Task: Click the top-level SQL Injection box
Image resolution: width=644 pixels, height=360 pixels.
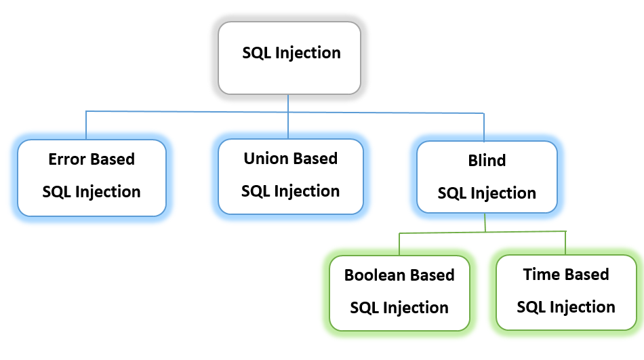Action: [x=289, y=57]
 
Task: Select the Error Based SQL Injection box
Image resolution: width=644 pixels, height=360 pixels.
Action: [x=92, y=178]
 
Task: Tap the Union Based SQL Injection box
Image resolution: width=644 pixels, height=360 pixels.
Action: [x=291, y=176]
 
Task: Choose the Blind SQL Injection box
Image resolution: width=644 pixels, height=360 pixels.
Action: [x=487, y=178]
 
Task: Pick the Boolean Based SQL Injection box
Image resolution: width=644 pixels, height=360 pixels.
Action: [x=399, y=293]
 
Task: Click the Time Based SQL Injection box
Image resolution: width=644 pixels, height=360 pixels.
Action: [x=566, y=292]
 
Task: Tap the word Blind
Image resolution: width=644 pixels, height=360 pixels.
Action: [x=487, y=161]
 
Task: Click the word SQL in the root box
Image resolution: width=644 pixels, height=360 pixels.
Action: [x=257, y=53]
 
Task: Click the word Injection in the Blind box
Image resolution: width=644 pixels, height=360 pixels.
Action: [x=503, y=193]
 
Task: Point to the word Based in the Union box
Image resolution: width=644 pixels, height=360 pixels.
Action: [x=315, y=159]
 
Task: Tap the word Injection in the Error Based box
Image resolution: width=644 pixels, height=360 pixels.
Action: [x=108, y=192]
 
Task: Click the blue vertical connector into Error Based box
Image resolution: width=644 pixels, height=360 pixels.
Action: [x=86, y=125]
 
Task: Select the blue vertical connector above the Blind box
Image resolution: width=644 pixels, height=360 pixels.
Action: [x=483, y=127]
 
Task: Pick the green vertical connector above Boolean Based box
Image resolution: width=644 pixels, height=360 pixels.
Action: [x=399, y=244]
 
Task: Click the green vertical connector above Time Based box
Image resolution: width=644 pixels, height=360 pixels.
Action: [x=565, y=242]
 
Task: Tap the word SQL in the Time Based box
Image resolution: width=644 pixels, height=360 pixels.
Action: [x=531, y=307]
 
